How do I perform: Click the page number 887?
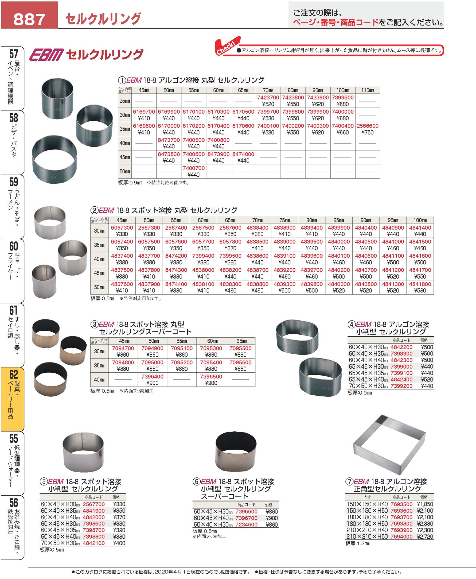click(29, 19)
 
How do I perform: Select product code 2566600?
click(368, 126)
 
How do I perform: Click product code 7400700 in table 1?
click(194, 168)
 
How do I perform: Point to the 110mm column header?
click(368, 90)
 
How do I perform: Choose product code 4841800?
click(420, 284)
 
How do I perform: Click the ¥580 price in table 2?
click(420, 291)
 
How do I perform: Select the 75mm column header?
click(284, 220)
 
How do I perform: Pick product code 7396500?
click(211, 377)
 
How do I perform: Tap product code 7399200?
click(401, 386)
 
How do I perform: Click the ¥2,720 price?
click(425, 536)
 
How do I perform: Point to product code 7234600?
click(246, 525)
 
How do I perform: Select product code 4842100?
click(93, 543)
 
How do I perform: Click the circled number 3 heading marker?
click(94, 325)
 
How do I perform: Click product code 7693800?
click(401, 524)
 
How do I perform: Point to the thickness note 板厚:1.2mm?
click(357, 543)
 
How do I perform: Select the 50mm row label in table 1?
click(124, 172)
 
